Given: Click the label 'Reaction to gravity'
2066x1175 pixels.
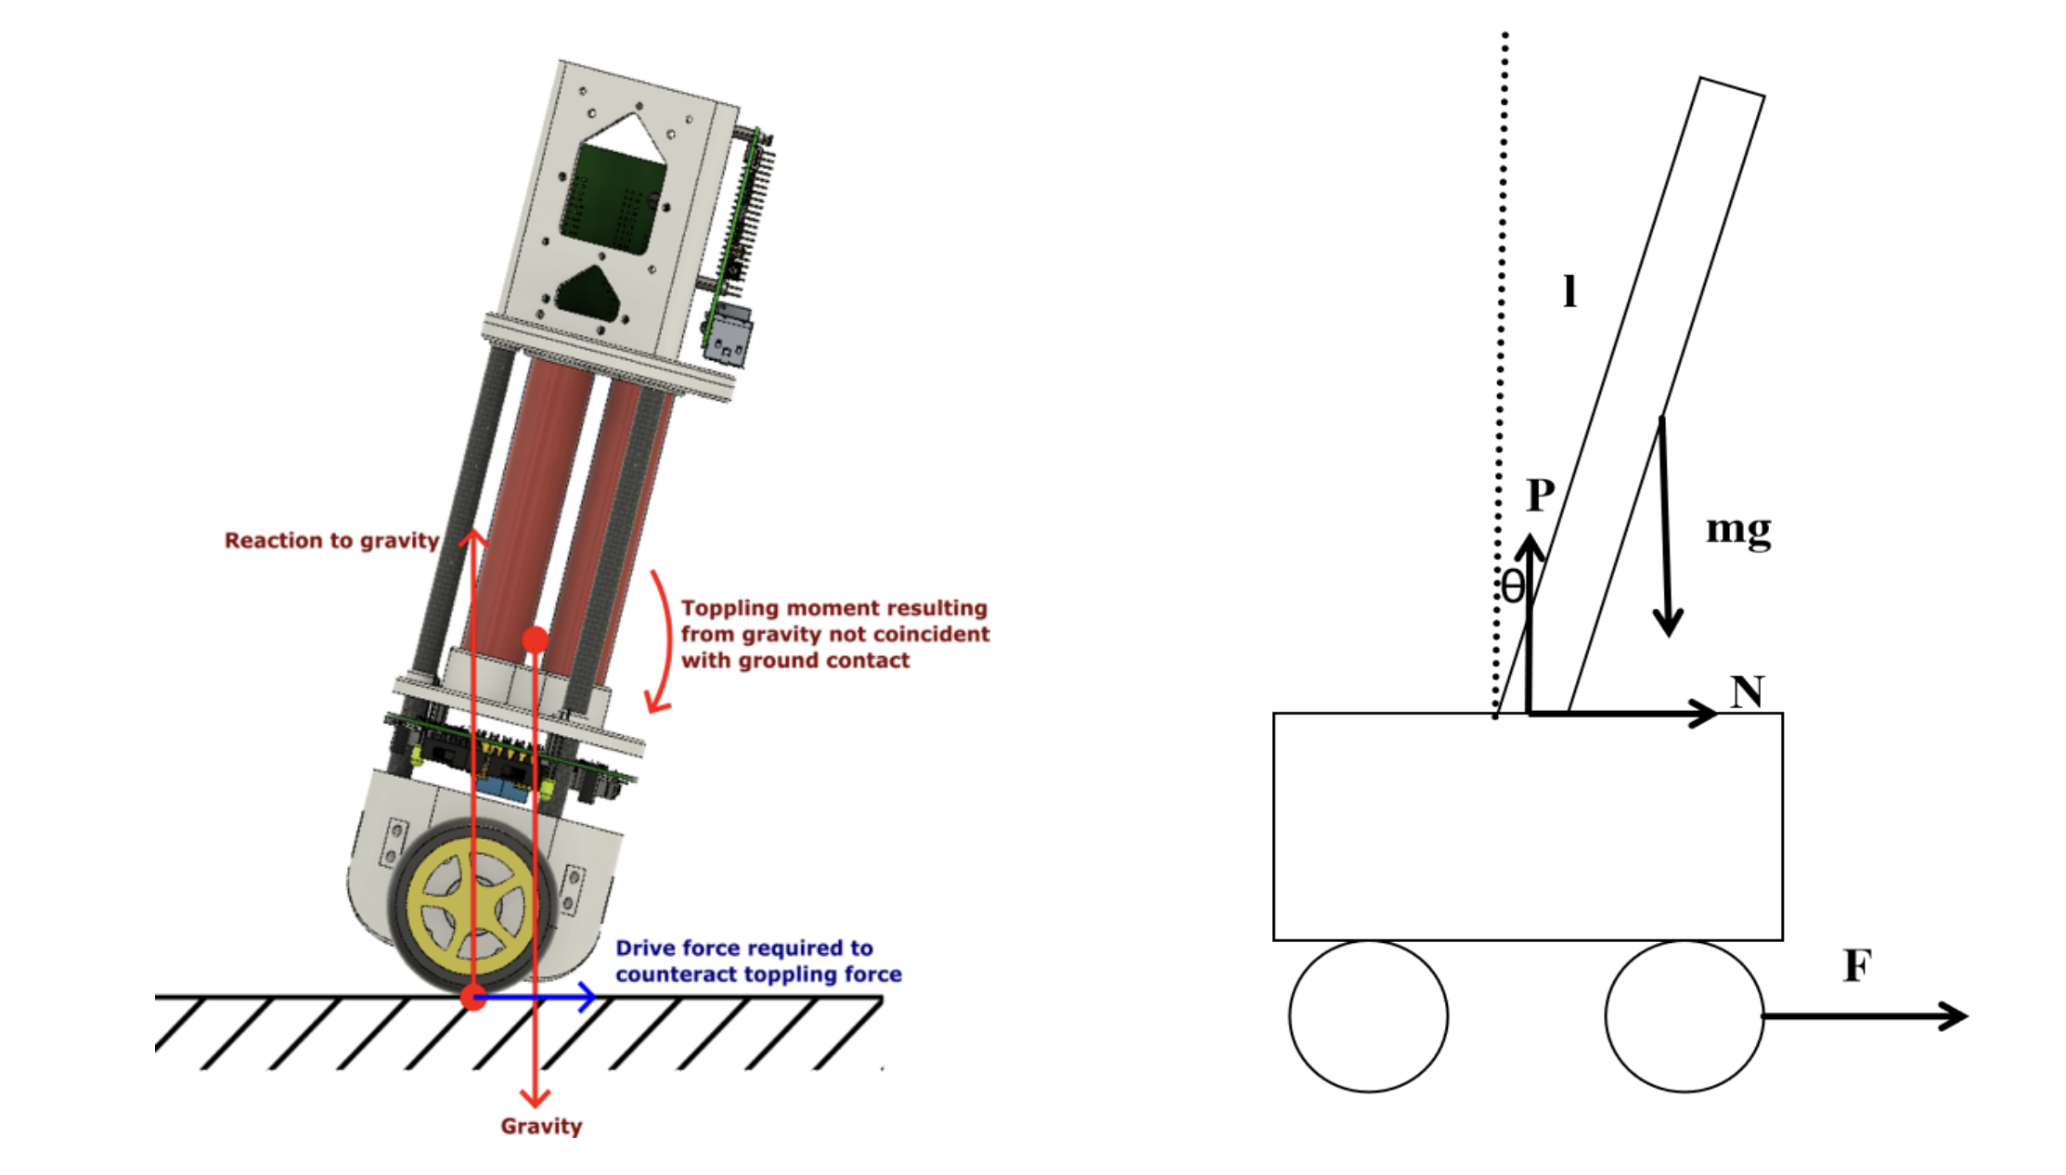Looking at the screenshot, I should tap(331, 540).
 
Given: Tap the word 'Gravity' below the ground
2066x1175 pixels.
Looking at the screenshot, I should tap(541, 1126).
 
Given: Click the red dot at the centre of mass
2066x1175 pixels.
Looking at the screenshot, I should tap(535, 639).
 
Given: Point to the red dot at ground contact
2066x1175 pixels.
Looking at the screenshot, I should tap(473, 998).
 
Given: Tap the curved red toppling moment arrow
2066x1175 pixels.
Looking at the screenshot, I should tap(665, 640).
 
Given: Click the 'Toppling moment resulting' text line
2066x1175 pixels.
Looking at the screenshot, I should tap(833, 608).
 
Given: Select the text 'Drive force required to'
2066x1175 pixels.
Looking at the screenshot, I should tap(743, 948).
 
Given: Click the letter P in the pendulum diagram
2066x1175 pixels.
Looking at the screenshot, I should tap(1541, 496).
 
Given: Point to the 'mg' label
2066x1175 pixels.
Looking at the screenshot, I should tap(1738, 529).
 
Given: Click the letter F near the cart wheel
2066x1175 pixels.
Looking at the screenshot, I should tap(1857, 966).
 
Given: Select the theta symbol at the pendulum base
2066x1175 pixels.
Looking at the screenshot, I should tap(1513, 587).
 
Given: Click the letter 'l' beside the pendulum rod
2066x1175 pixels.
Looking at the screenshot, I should tap(1569, 291).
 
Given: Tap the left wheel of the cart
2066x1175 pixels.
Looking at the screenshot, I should tap(1368, 1016).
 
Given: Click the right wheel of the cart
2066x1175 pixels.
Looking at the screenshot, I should tap(1684, 1016).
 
